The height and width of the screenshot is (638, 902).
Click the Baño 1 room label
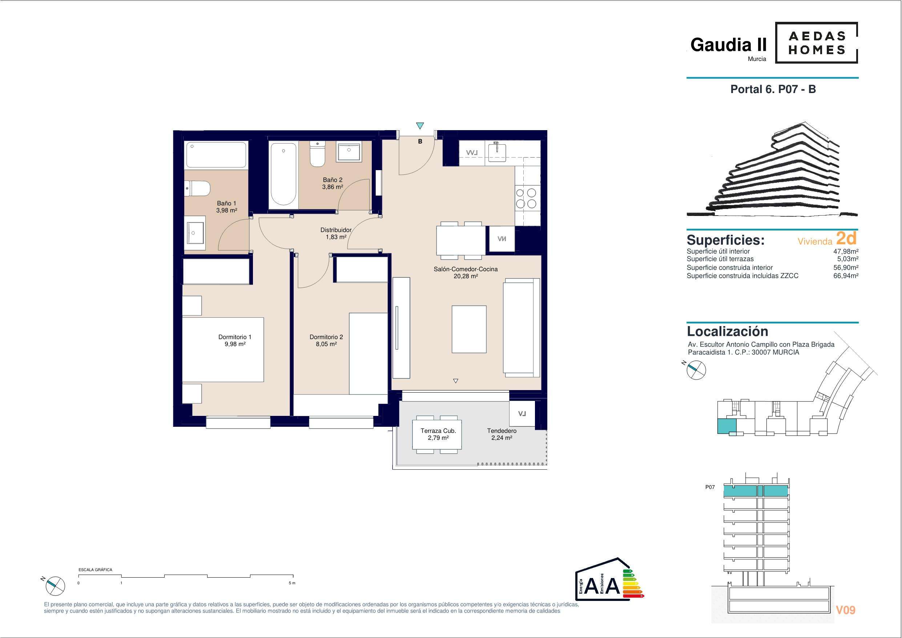tap(227, 203)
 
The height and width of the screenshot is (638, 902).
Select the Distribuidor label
tap(336, 230)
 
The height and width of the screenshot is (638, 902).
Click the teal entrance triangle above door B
tap(420, 126)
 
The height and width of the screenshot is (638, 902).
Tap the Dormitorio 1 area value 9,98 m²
tap(235, 344)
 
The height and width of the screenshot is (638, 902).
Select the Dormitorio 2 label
tap(326, 337)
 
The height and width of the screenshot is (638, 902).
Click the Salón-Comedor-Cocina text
tap(466, 269)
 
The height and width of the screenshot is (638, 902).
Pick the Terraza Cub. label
tap(438, 431)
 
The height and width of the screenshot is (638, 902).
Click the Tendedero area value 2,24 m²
tap(502, 438)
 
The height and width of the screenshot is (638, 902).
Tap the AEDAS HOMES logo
tap(817, 43)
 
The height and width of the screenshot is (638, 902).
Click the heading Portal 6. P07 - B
tap(773, 89)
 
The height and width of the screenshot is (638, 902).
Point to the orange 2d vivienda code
tap(846, 238)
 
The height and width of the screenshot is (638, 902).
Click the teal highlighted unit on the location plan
tap(727, 426)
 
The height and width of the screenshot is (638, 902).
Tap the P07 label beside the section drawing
tap(710, 487)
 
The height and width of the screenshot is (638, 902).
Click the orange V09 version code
tap(845, 610)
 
